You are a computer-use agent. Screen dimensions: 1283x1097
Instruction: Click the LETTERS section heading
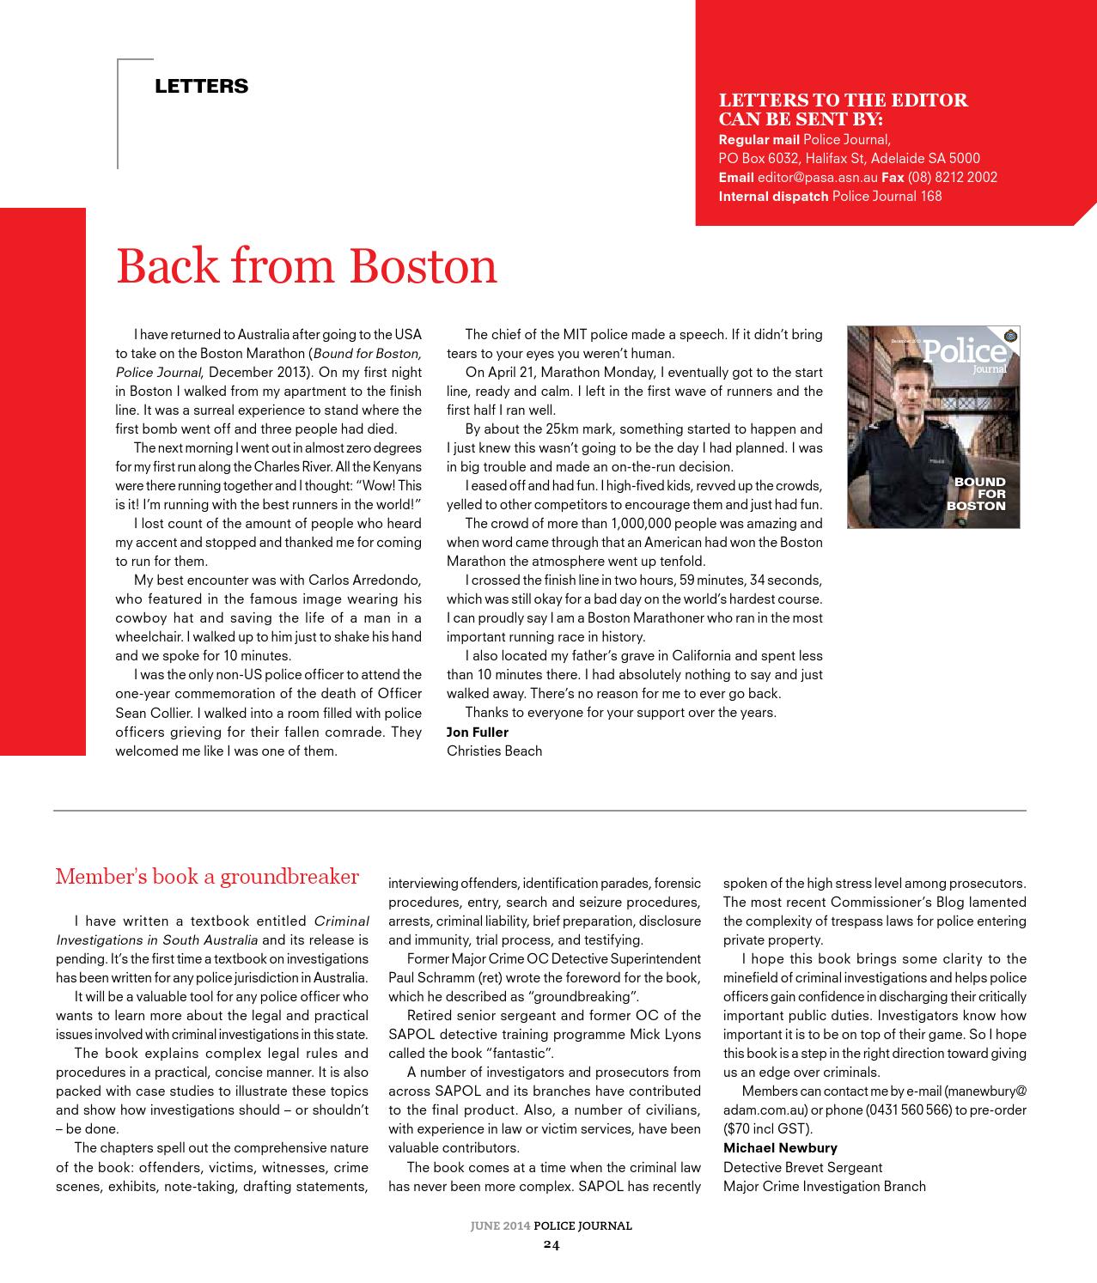tap(201, 86)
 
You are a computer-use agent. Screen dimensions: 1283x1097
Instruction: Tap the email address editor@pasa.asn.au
tap(817, 178)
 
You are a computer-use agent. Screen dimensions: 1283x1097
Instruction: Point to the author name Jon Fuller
tap(477, 732)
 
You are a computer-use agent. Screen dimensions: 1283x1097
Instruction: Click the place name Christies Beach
tap(494, 751)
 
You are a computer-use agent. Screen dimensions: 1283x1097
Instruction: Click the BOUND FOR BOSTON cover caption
tap(976, 494)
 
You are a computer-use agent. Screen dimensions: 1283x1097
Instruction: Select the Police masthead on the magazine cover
tap(964, 350)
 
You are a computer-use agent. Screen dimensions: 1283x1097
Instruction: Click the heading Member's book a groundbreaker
tap(207, 877)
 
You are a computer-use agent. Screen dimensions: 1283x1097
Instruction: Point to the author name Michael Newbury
tap(780, 1147)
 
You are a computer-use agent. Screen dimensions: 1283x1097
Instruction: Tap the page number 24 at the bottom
tap(551, 1244)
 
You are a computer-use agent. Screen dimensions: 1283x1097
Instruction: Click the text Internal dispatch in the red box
tap(773, 197)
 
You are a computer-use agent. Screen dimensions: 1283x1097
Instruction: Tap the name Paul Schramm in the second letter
tap(430, 977)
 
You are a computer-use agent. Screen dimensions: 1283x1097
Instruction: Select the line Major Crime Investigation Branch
tap(824, 1186)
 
